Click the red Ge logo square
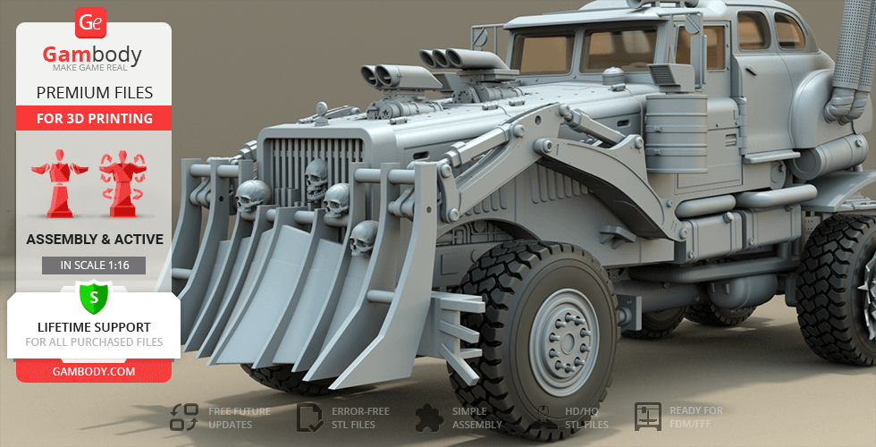tap(90, 22)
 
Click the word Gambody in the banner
tap(92, 55)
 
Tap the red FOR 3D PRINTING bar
tap(95, 118)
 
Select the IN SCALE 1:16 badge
tap(94, 266)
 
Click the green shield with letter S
tap(94, 297)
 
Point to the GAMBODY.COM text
tap(94, 372)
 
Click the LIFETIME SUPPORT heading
tap(94, 327)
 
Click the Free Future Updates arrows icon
tap(184, 417)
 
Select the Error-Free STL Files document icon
tap(309, 417)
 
